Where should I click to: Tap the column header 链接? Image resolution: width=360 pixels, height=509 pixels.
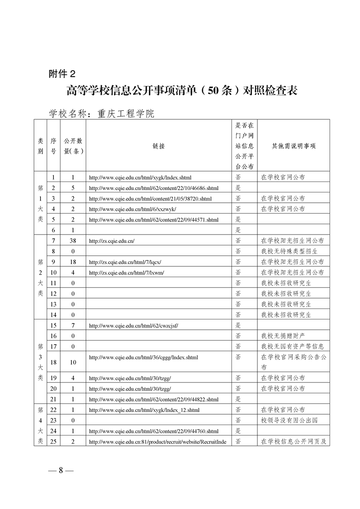159,146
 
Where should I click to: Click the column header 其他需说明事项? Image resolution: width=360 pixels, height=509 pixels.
293,146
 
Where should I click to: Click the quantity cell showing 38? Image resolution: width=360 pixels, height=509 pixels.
73,240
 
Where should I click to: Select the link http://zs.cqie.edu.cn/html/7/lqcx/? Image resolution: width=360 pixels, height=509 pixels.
125,262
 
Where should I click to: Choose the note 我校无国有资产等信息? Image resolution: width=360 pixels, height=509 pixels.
292,346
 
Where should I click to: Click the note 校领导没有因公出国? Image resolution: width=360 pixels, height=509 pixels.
289,420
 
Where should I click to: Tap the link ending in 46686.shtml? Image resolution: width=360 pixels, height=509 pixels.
153,188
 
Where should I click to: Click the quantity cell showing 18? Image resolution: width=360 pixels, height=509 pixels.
73,262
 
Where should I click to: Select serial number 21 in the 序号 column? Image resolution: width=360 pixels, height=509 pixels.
53,399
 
